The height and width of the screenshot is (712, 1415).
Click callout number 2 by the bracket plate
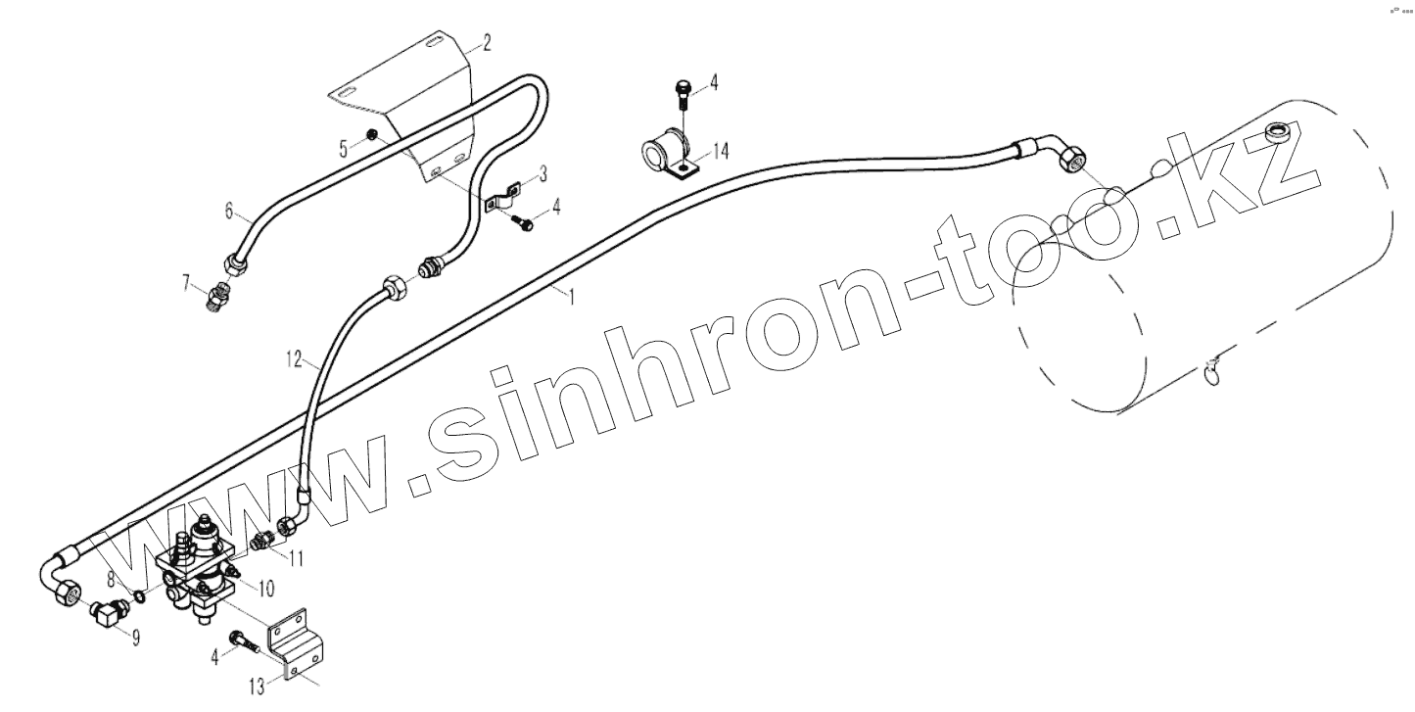tap(486, 43)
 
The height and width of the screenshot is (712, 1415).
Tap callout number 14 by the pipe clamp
tap(721, 151)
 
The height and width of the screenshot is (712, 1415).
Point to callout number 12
tap(296, 359)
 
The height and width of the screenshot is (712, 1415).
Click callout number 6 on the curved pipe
tap(229, 211)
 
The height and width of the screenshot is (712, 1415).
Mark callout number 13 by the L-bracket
tap(257, 687)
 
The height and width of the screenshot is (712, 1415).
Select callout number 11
tap(295, 558)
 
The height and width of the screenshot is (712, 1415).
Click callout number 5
tap(344, 148)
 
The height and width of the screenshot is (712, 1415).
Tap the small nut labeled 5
tap(372, 133)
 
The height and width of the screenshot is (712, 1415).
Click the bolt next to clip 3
tap(525, 224)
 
